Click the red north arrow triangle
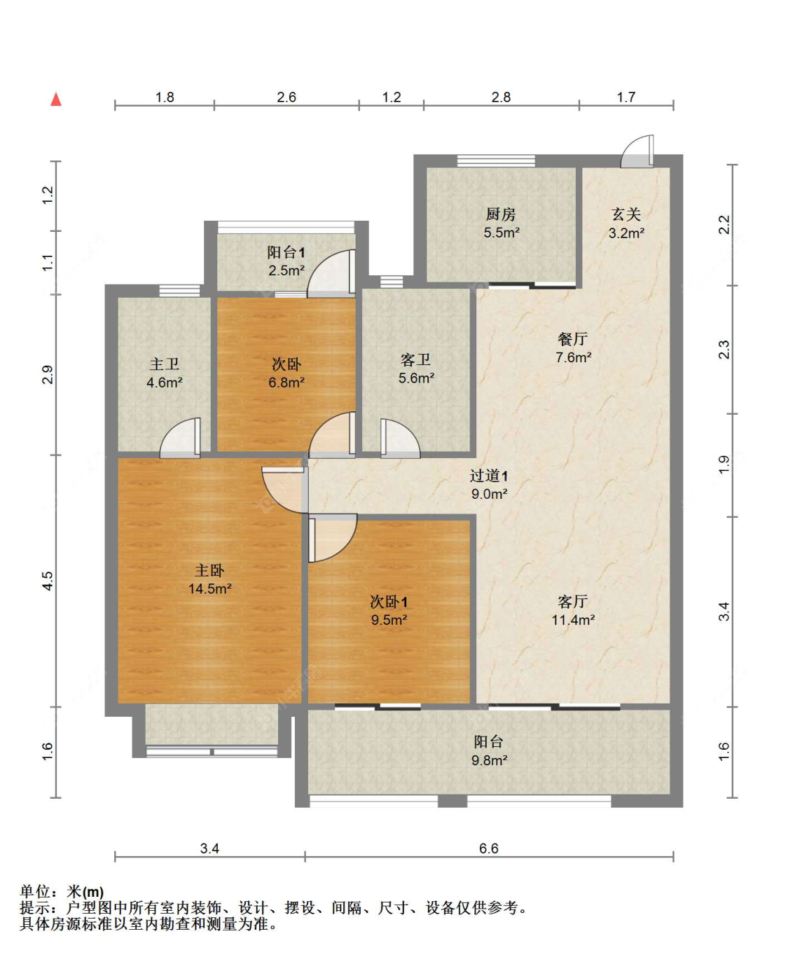(55, 99)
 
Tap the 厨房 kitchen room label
(501, 214)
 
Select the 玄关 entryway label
(626, 214)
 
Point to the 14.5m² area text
(209, 589)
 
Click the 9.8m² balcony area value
(490, 760)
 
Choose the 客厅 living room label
(573, 601)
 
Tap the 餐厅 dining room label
(573, 338)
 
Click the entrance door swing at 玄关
(637, 151)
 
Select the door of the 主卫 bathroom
(180, 438)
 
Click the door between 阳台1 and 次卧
(331, 273)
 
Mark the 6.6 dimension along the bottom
(488, 848)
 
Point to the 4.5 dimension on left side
(48, 581)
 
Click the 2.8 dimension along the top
(501, 97)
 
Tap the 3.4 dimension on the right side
(724, 611)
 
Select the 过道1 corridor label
(489, 476)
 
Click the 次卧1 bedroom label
(389, 602)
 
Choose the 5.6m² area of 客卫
(416, 378)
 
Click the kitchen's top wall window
(496, 160)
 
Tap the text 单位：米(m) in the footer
(62, 891)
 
